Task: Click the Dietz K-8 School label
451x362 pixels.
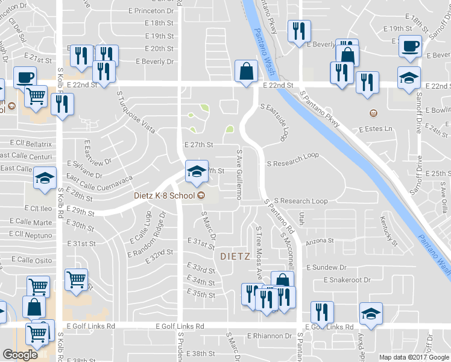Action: (x=165, y=195)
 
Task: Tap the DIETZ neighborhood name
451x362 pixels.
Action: (x=235, y=256)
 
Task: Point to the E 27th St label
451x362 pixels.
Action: (x=198, y=145)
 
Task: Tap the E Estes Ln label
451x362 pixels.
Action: (x=375, y=129)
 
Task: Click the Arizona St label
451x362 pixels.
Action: (x=320, y=241)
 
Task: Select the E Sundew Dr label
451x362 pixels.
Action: (x=327, y=267)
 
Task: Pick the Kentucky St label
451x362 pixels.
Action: (x=389, y=232)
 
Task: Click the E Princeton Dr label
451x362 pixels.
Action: (x=154, y=11)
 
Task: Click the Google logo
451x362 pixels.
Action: (x=20, y=355)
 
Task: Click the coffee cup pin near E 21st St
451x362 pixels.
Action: (x=25, y=78)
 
